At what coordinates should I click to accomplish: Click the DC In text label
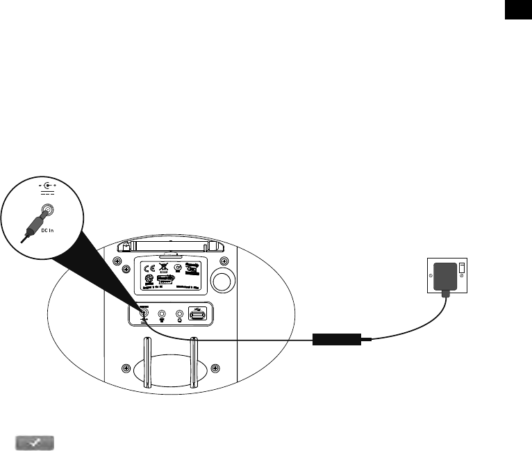47,230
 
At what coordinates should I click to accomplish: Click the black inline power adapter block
336,340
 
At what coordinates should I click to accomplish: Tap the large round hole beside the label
223,280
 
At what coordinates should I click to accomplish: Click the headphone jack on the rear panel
181,314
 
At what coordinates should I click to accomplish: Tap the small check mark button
34,443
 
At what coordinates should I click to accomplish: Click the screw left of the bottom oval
126,367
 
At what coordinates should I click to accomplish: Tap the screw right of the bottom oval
215,367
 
